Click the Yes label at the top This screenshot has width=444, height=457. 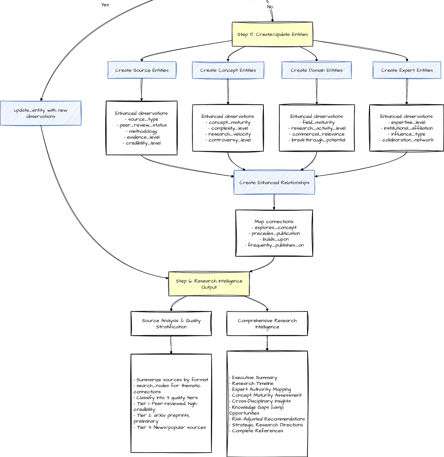(105, 5)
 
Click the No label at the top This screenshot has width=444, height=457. (270, 7)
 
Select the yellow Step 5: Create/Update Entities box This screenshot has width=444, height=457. (272, 34)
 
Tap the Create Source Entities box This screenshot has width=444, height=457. (142, 70)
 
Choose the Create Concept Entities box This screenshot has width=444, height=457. (228, 70)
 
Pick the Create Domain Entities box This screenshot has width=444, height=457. (316, 70)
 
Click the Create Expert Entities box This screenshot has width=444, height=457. (407, 70)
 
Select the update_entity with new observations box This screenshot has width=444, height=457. (41, 113)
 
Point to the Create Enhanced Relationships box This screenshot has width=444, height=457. (274, 183)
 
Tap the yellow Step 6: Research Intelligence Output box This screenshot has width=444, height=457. (209, 284)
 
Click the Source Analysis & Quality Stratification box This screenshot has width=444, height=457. (171, 324)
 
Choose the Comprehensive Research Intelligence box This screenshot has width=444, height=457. (267, 324)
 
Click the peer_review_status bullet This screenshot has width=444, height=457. (143, 125)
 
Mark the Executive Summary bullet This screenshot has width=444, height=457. (254, 378)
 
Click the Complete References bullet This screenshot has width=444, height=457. (257, 431)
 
